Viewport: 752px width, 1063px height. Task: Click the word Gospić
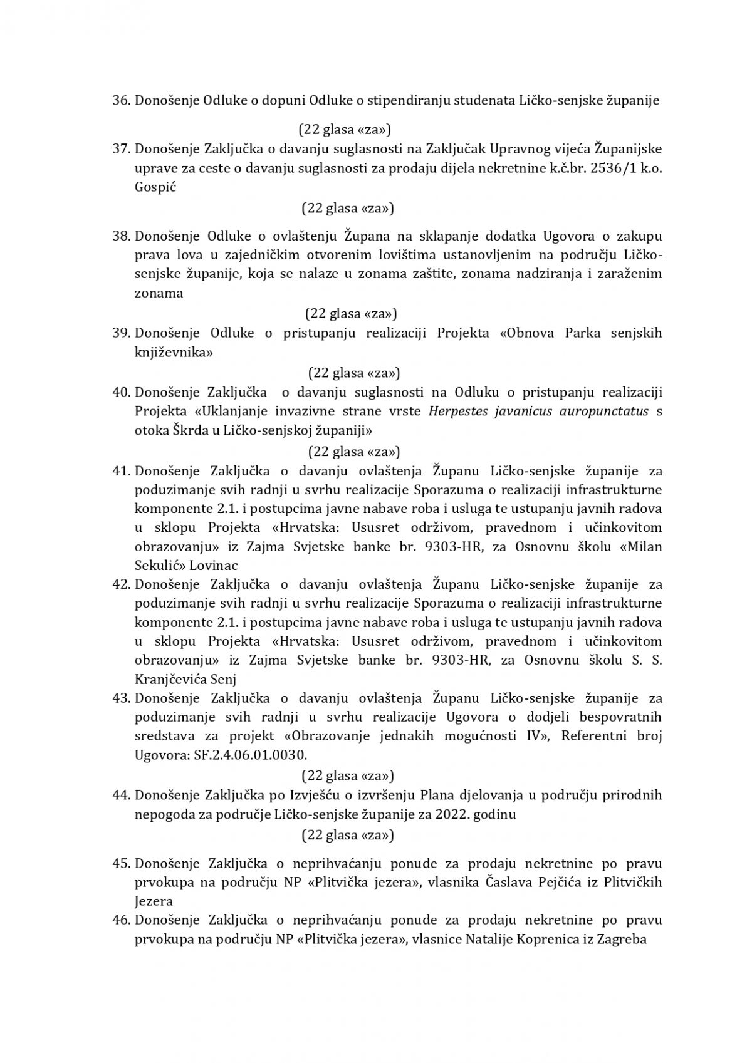coord(154,187)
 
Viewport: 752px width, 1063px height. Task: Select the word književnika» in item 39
coord(174,352)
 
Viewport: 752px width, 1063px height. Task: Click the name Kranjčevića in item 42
coord(172,678)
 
